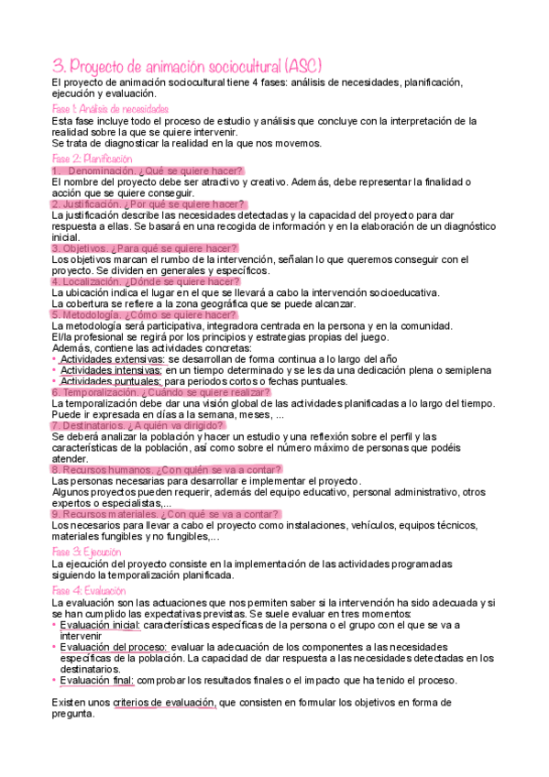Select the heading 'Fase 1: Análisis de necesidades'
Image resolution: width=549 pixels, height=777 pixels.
110,109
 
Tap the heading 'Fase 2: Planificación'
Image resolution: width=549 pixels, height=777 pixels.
93,159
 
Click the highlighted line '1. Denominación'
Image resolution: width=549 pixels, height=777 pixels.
148,170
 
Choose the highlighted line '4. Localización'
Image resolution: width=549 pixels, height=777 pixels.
145,281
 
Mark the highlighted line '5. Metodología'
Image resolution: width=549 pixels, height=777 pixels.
145,314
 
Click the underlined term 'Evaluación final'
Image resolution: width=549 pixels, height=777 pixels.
96,680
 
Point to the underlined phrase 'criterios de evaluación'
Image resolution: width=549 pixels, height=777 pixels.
165,703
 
